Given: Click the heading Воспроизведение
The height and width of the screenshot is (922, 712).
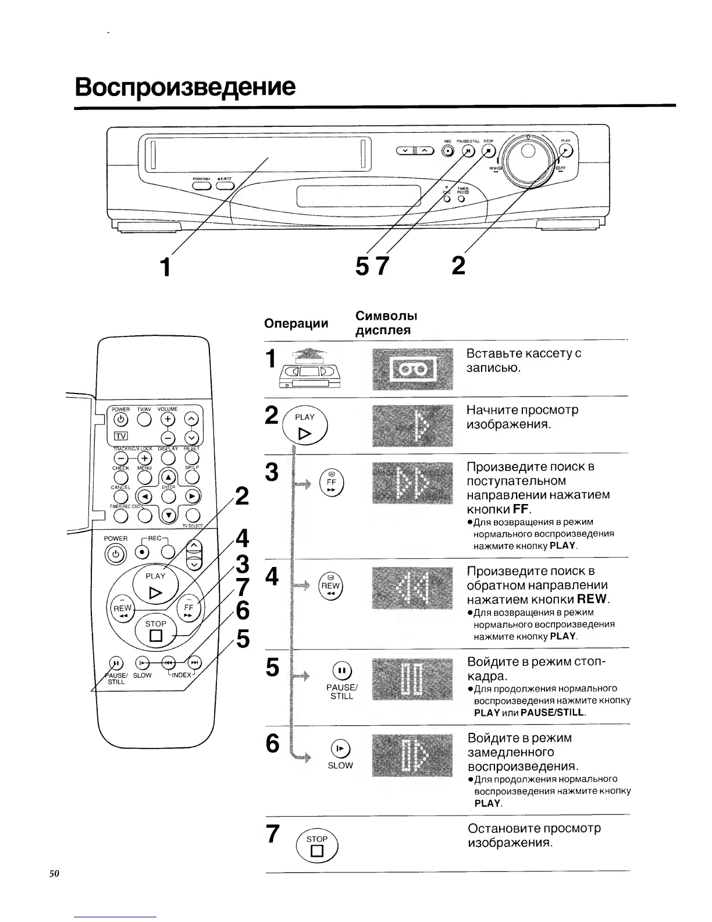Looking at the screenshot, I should coord(185,87).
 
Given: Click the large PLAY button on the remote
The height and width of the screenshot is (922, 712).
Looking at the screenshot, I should coord(155,584).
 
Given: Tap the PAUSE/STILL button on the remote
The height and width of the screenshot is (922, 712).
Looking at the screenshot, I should coord(116,662).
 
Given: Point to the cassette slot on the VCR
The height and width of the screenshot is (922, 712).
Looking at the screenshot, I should coord(256,154).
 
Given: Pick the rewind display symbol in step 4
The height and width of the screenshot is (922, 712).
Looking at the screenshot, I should coord(412,588).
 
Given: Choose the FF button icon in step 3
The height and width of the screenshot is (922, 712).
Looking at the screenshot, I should coord(332,483).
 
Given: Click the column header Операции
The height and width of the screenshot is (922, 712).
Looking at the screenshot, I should coord(296,323).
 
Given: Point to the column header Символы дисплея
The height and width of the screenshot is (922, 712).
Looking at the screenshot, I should coord(386,323).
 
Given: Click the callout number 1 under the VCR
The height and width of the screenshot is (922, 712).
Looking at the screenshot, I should coord(166,267).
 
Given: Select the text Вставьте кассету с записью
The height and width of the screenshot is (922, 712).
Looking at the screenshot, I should coord(524,360).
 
